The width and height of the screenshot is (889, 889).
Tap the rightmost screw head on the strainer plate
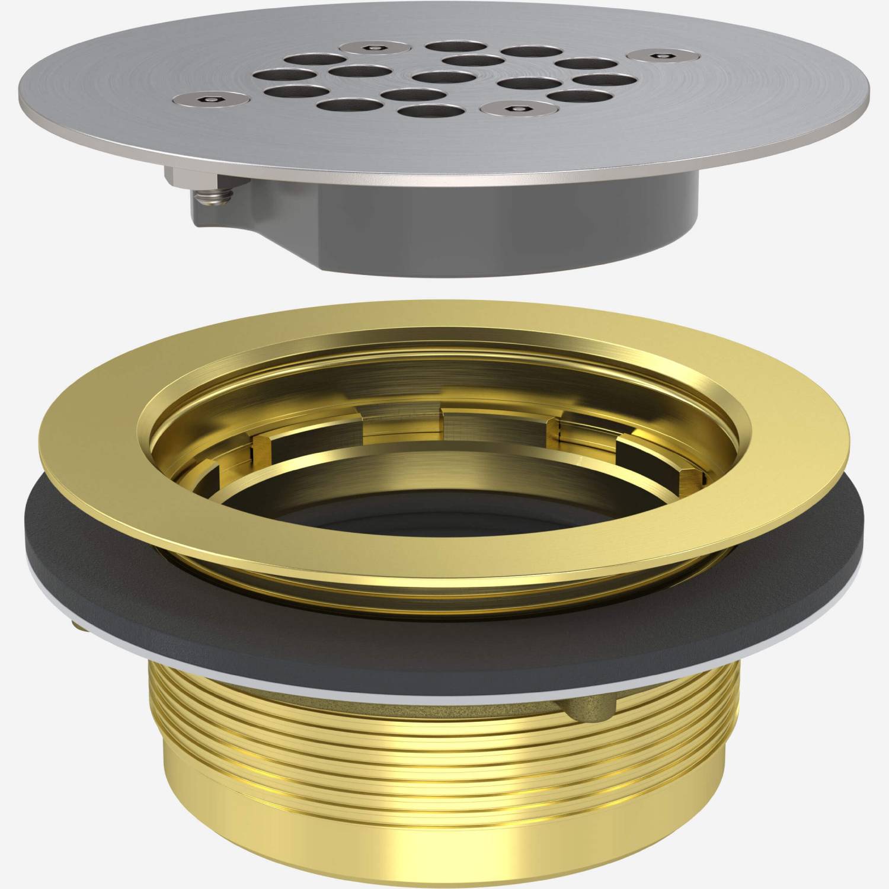coord(654,56)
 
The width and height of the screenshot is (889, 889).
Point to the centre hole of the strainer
coord(439,78)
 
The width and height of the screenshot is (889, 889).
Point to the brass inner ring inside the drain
coord(415,468)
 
